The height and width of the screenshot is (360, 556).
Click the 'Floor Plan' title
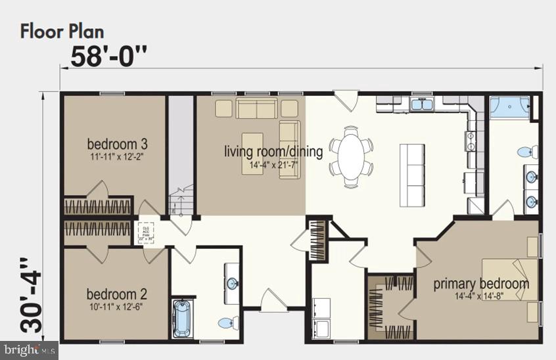tap(62, 30)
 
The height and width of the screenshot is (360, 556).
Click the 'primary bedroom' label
tap(480, 284)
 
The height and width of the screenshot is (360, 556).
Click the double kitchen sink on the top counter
tap(421, 104)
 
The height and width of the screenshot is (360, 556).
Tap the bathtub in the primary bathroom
tap(510, 107)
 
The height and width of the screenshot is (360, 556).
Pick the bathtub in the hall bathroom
tap(182, 318)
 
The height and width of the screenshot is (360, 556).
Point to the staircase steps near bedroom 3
tap(179, 202)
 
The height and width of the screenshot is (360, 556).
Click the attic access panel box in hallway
tap(146, 233)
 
